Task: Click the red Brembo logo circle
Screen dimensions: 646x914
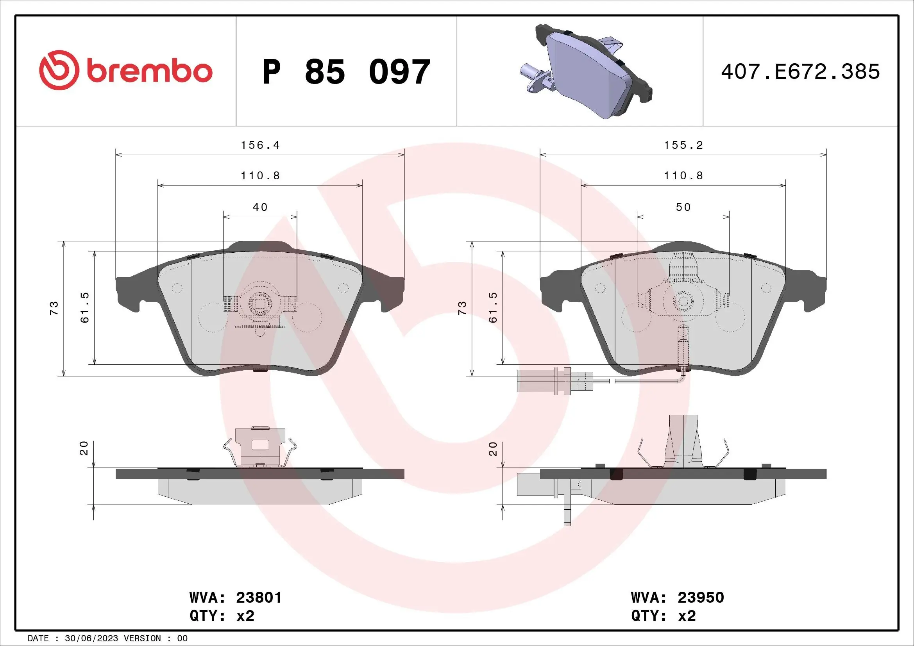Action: point(58,70)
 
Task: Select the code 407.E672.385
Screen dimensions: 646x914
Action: point(800,72)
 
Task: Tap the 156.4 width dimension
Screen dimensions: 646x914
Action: point(260,145)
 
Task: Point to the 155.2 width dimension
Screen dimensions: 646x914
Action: point(683,145)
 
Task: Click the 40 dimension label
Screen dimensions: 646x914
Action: point(260,207)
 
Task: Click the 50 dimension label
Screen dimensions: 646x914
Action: point(683,207)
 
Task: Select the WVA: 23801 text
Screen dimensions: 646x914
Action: point(236,598)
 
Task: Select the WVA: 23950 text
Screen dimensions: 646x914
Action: point(677,598)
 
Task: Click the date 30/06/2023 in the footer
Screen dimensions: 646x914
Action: point(91,639)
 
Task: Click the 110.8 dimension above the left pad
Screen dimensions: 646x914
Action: point(260,176)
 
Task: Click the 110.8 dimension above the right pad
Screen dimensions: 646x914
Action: point(683,176)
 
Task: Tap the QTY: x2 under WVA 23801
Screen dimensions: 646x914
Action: point(222,616)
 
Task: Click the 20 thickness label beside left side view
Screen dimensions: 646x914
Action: point(84,448)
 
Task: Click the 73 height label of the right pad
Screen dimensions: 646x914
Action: point(462,308)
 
